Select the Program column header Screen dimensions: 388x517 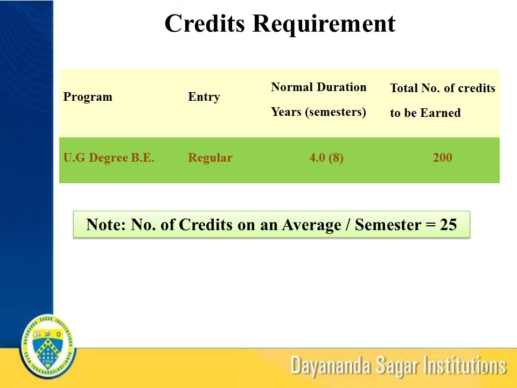pos(88,97)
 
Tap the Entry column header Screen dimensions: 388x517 pos(204,97)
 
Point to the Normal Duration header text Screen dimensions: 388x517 pos(318,87)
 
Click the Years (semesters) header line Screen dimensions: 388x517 pos(318,112)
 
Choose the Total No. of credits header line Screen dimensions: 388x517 pos(442,88)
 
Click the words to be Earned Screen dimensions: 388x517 pos(425,113)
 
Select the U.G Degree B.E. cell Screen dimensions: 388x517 pos(109,158)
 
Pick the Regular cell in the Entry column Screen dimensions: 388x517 pos(210,158)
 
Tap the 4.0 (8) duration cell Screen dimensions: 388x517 pos(326,158)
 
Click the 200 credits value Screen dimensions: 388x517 pos(442,158)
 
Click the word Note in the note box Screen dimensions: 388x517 pos(105,225)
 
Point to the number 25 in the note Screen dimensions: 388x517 pos(448,225)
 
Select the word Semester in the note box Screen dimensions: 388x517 pos(386,225)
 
